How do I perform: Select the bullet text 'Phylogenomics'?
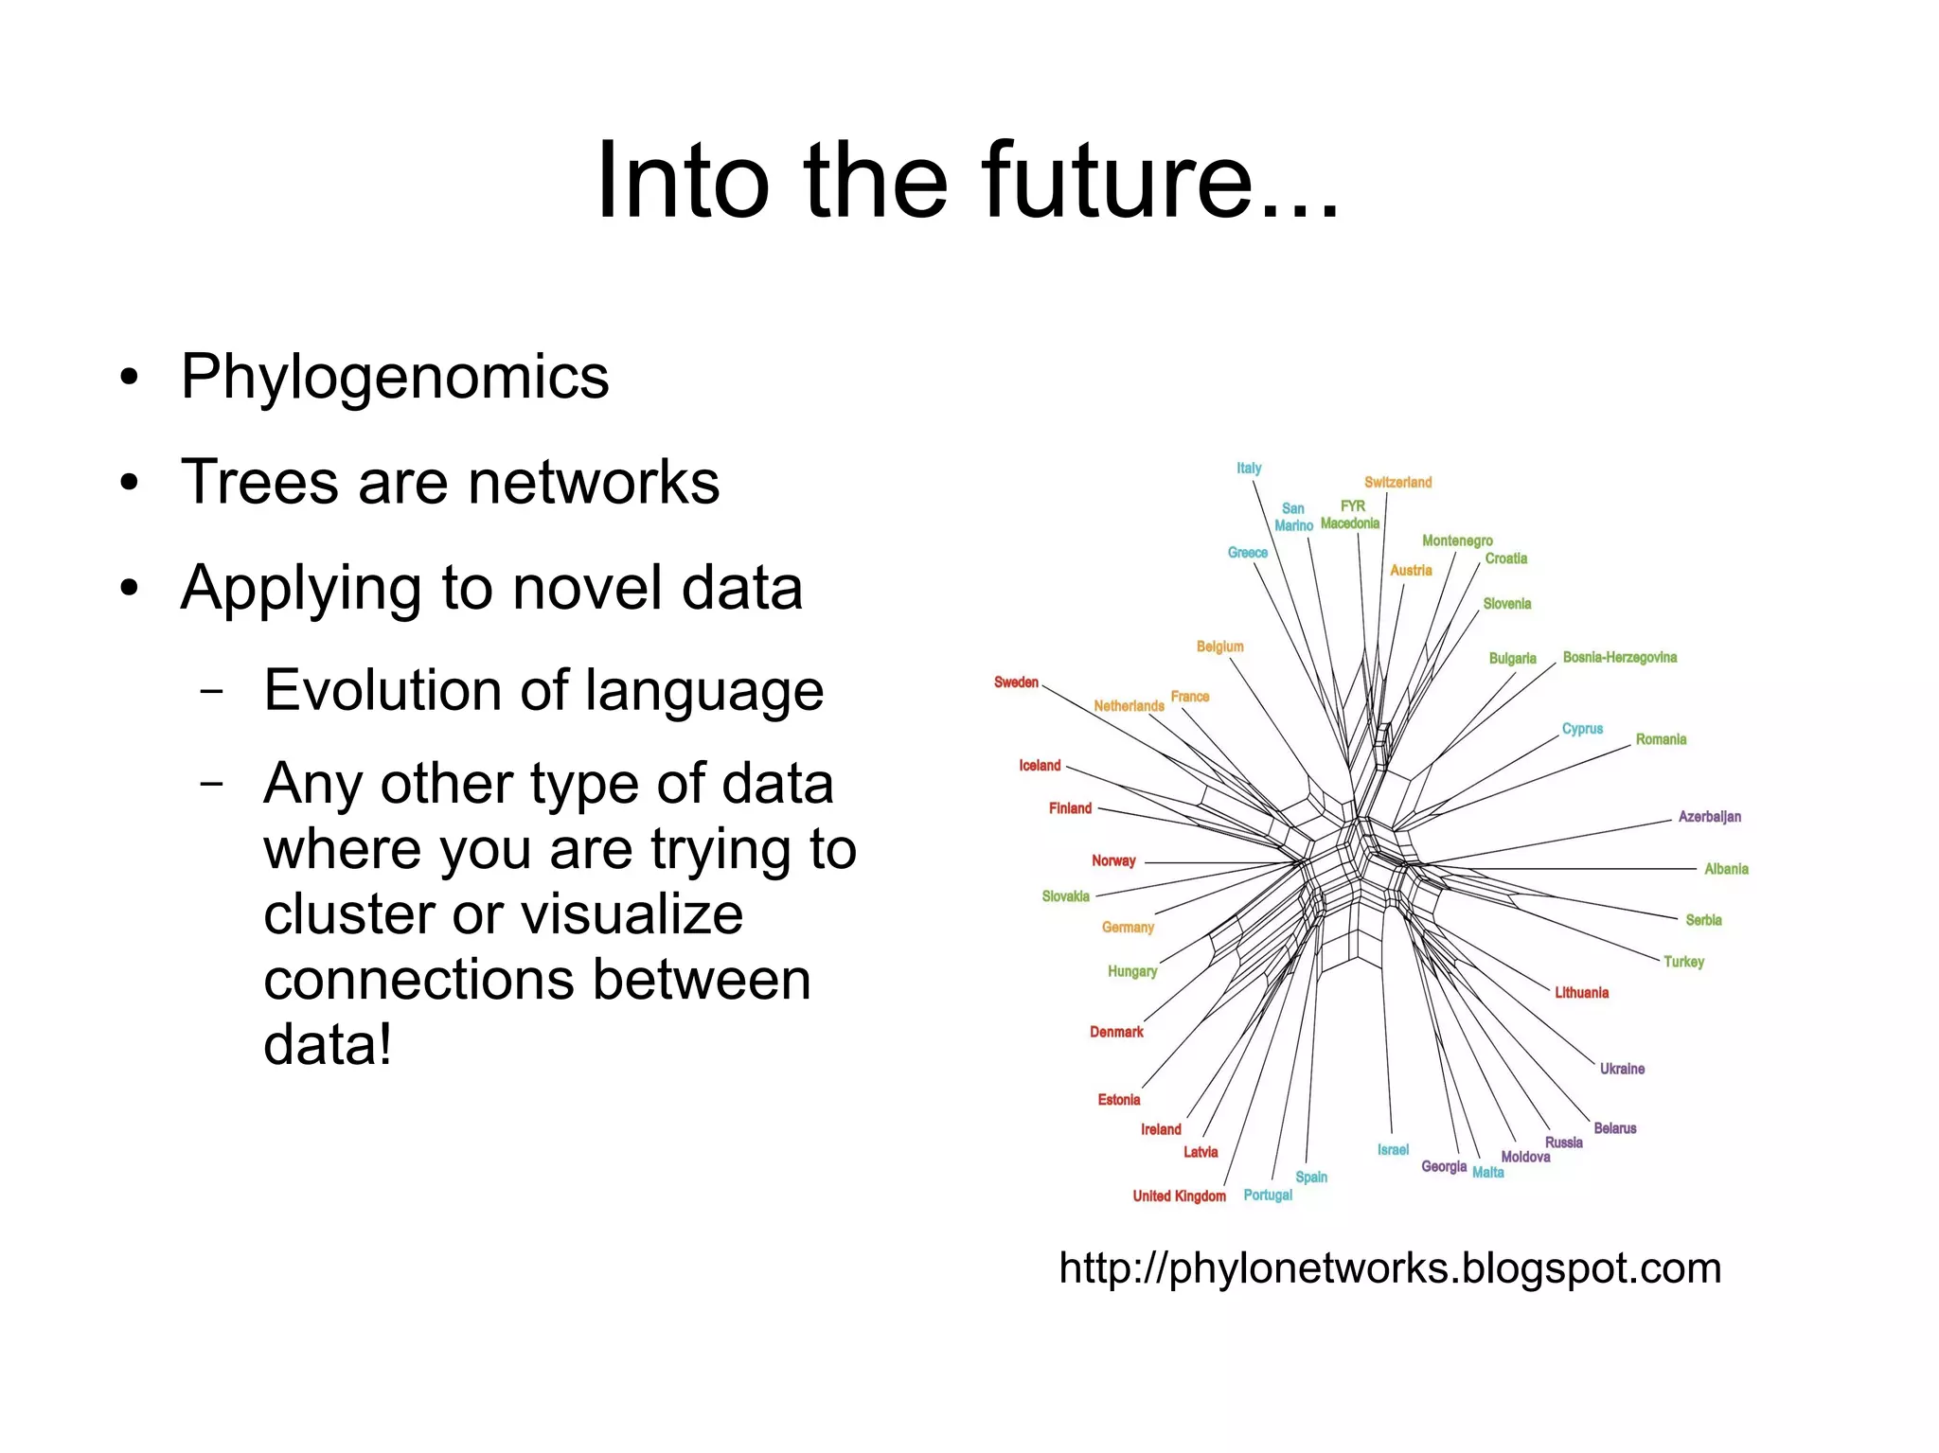click(394, 377)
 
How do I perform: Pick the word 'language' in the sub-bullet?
click(703, 690)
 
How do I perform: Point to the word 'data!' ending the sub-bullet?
click(327, 1045)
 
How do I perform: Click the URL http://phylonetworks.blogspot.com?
click(1389, 1268)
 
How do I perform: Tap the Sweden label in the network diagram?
click(1016, 682)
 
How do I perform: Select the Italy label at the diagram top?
click(1249, 468)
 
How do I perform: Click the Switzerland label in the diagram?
click(1397, 482)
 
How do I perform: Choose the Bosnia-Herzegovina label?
click(1619, 657)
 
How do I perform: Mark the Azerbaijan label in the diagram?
click(1709, 816)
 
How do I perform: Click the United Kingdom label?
click(1179, 1196)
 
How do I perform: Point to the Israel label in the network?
click(1393, 1149)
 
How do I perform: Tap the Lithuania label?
click(1581, 992)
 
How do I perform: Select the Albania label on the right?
click(1726, 869)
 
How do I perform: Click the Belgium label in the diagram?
click(1219, 647)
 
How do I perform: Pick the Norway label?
click(1113, 860)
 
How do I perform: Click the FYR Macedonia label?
click(1351, 515)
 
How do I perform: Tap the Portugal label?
click(1268, 1195)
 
